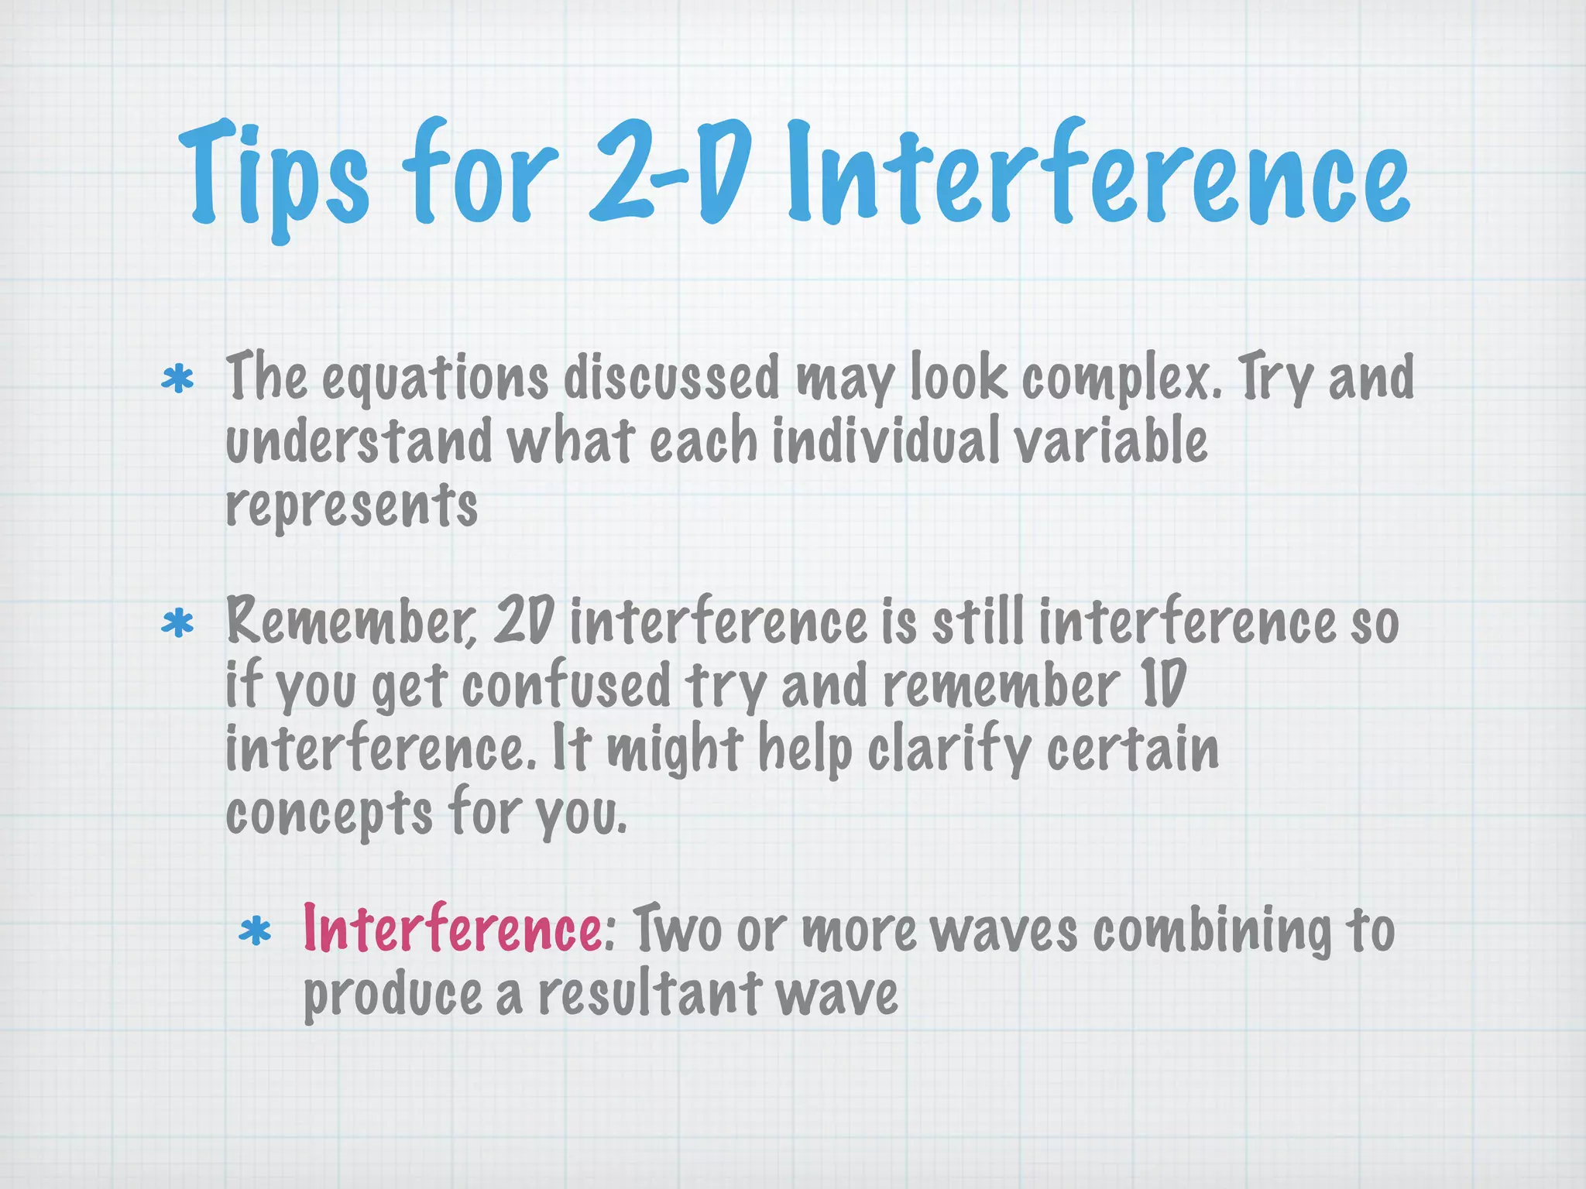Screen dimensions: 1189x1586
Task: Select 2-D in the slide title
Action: point(671,172)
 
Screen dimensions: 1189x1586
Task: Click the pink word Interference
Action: point(451,928)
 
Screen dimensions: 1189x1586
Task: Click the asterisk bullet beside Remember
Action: point(177,623)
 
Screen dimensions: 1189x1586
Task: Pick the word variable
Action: point(1111,440)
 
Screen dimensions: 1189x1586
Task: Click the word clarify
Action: point(949,749)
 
